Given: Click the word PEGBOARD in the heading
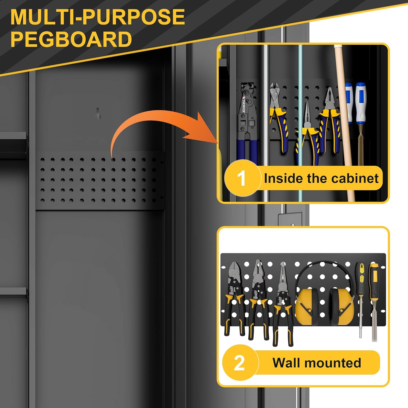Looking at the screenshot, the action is pos(71,39).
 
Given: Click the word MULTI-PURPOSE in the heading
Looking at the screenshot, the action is pos(98,17).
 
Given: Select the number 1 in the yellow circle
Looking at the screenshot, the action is pos(241,178).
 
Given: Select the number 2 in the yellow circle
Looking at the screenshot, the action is pos(239,363).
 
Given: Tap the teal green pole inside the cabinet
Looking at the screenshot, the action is pos(300,122).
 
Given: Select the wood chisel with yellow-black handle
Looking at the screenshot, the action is pos(374,302).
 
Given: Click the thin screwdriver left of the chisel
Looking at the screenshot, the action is pos(361,299).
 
